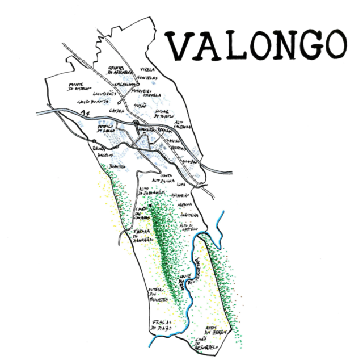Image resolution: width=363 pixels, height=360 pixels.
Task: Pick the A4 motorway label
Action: pyautogui.click(x=86, y=115)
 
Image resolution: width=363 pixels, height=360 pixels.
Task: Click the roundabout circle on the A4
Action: pyautogui.click(x=136, y=123)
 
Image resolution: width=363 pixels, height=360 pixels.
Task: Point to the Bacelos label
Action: pyautogui.click(x=105, y=154)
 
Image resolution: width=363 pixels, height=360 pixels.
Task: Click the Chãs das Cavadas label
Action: pyautogui.click(x=141, y=214)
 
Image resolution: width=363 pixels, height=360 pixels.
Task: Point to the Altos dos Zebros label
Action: pyautogui.click(x=218, y=330)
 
